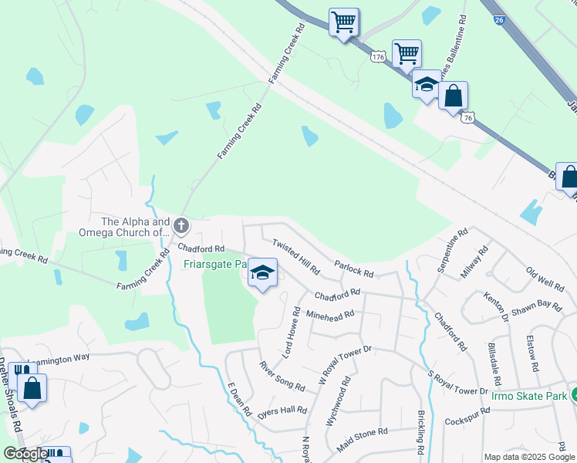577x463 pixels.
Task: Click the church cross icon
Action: [x=181, y=226]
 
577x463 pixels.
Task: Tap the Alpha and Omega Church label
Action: [x=123, y=226]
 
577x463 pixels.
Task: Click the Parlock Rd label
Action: [x=354, y=269]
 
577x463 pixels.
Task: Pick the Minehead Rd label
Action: [x=329, y=315]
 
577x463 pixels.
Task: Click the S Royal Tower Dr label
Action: [x=457, y=384]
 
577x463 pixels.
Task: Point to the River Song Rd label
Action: [x=282, y=376]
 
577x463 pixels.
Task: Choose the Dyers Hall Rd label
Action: [x=282, y=410]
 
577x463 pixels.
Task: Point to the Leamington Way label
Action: [x=59, y=358]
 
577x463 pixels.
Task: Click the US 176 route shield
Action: [x=378, y=57]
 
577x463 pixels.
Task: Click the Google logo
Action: [x=25, y=454]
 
